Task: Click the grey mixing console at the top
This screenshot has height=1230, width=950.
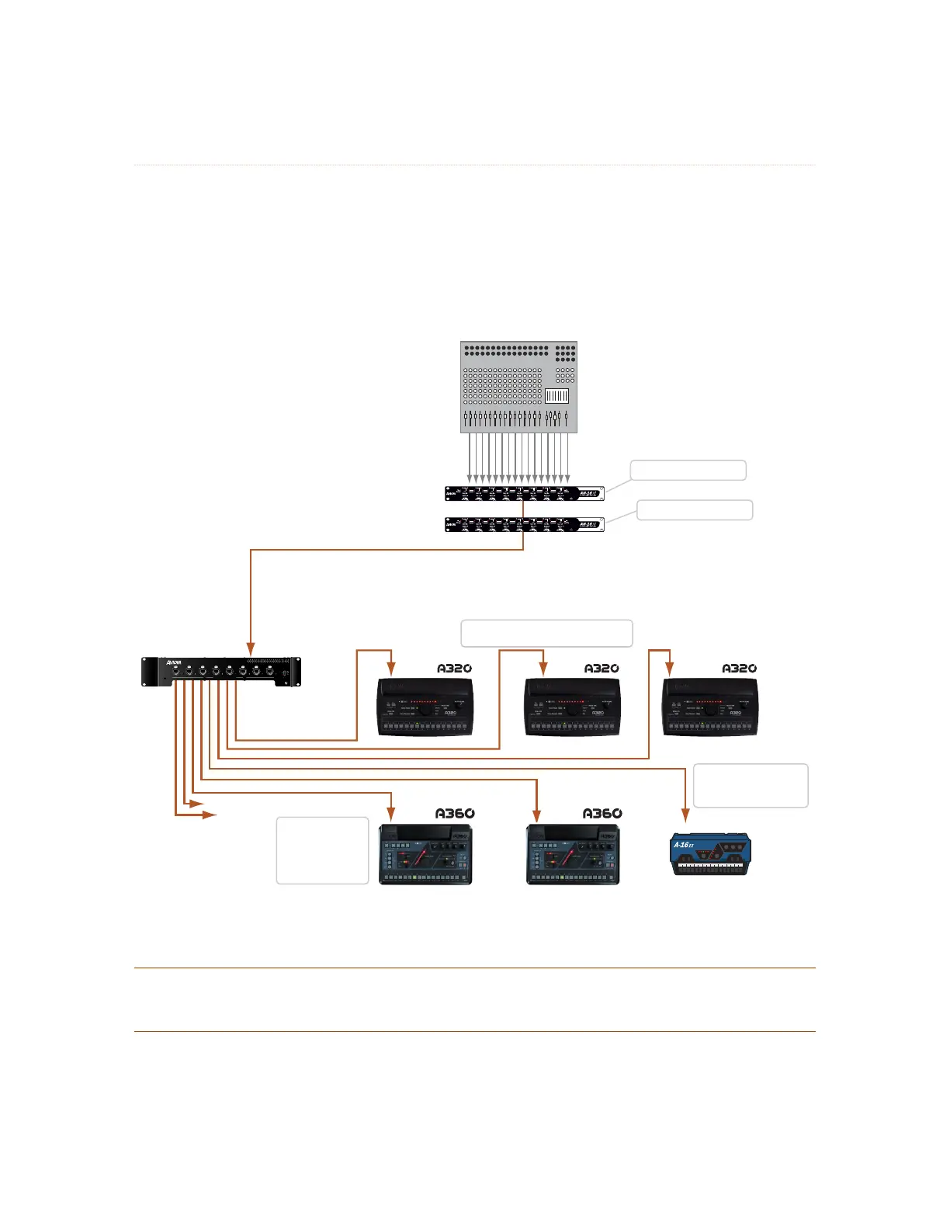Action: (518, 387)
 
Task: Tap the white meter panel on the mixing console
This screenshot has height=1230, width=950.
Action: (557, 396)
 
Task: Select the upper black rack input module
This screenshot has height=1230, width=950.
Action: (524, 493)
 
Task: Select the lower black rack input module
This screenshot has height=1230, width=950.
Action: (524, 524)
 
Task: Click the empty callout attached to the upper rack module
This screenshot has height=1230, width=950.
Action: (688, 470)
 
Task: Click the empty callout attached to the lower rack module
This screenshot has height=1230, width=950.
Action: (695, 509)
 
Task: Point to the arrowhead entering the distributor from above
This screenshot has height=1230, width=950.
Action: (250, 647)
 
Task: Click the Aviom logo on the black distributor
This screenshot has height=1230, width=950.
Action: (173, 662)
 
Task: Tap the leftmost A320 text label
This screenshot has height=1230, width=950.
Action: (454, 668)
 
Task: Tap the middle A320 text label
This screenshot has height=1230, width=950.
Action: (602, 668)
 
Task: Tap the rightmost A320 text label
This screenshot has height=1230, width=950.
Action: (739, 668)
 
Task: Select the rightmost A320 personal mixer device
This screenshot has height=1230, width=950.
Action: (710, 707)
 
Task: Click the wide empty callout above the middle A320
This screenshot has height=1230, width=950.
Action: (546, 633)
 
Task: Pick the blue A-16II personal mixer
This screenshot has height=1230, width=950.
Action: (710, 853)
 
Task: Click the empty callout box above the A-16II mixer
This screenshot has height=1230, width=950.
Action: (750, 785)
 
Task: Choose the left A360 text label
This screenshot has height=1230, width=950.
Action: (454, 813)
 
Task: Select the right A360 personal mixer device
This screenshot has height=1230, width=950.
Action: (573, 854)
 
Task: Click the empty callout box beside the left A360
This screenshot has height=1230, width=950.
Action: (322, 850)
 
